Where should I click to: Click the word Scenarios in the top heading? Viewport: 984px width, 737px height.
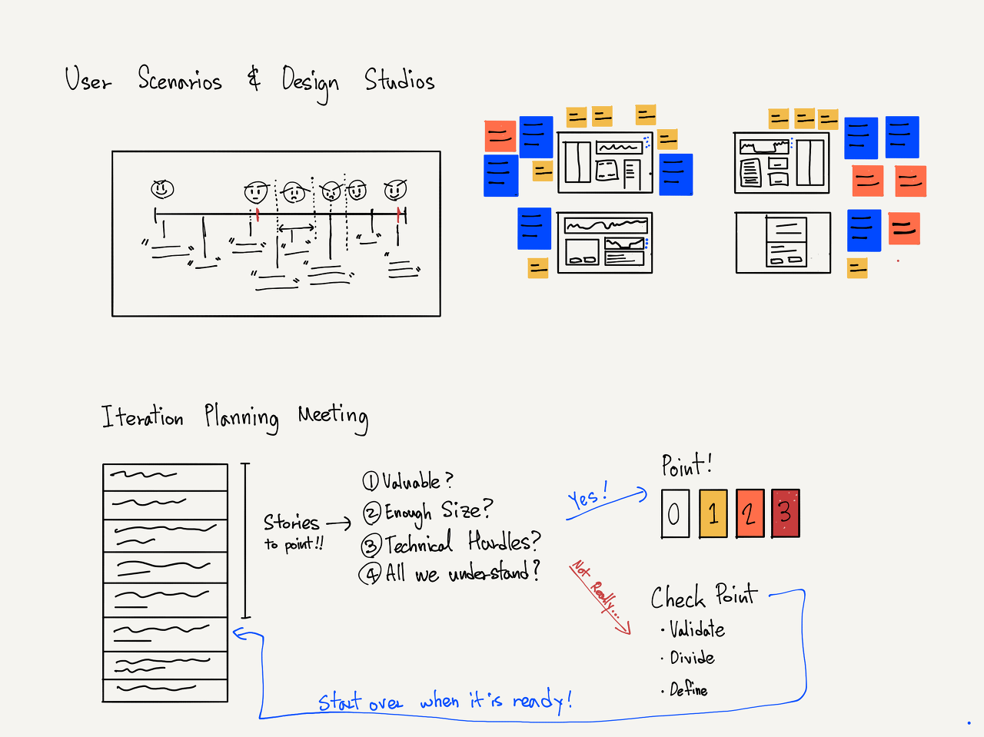pyautogui.click(x=180, y=80)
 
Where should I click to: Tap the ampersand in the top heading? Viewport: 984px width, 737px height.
pyautogui.click(x=254, y=78)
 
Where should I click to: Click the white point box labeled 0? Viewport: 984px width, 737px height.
pyautogui.click(x=674, y=513)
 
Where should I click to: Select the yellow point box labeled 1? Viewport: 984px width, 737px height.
pyautogui.click(x=713, y=513)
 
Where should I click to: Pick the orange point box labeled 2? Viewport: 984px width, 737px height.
pyautogui.click(x=750, y=513)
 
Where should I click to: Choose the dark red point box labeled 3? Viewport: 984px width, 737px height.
pyautogui.click(x=785, y=513)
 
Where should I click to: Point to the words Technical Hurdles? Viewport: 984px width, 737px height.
pyautogui.click(x=462, y=543)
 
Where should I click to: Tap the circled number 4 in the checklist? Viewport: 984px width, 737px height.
pyautogui.click(x=371, y=573)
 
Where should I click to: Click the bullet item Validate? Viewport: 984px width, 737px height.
pyautogui.click(x=696, y=630)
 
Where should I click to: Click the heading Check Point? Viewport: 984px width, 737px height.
pyautogui.click(x=703, y=597)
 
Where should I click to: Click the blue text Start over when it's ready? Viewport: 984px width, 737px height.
pyautogui.click(x=444, y=701)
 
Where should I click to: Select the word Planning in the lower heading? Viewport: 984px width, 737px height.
pyautogui.click(x=241, y=417)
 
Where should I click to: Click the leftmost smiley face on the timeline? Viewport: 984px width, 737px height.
pyautogui.click(x=162, y=188)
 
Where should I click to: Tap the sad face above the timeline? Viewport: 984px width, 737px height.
pyautogui.click(x=293, y=191)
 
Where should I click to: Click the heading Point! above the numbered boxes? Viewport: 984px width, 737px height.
pyautogui.click(x=686, y=466)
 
